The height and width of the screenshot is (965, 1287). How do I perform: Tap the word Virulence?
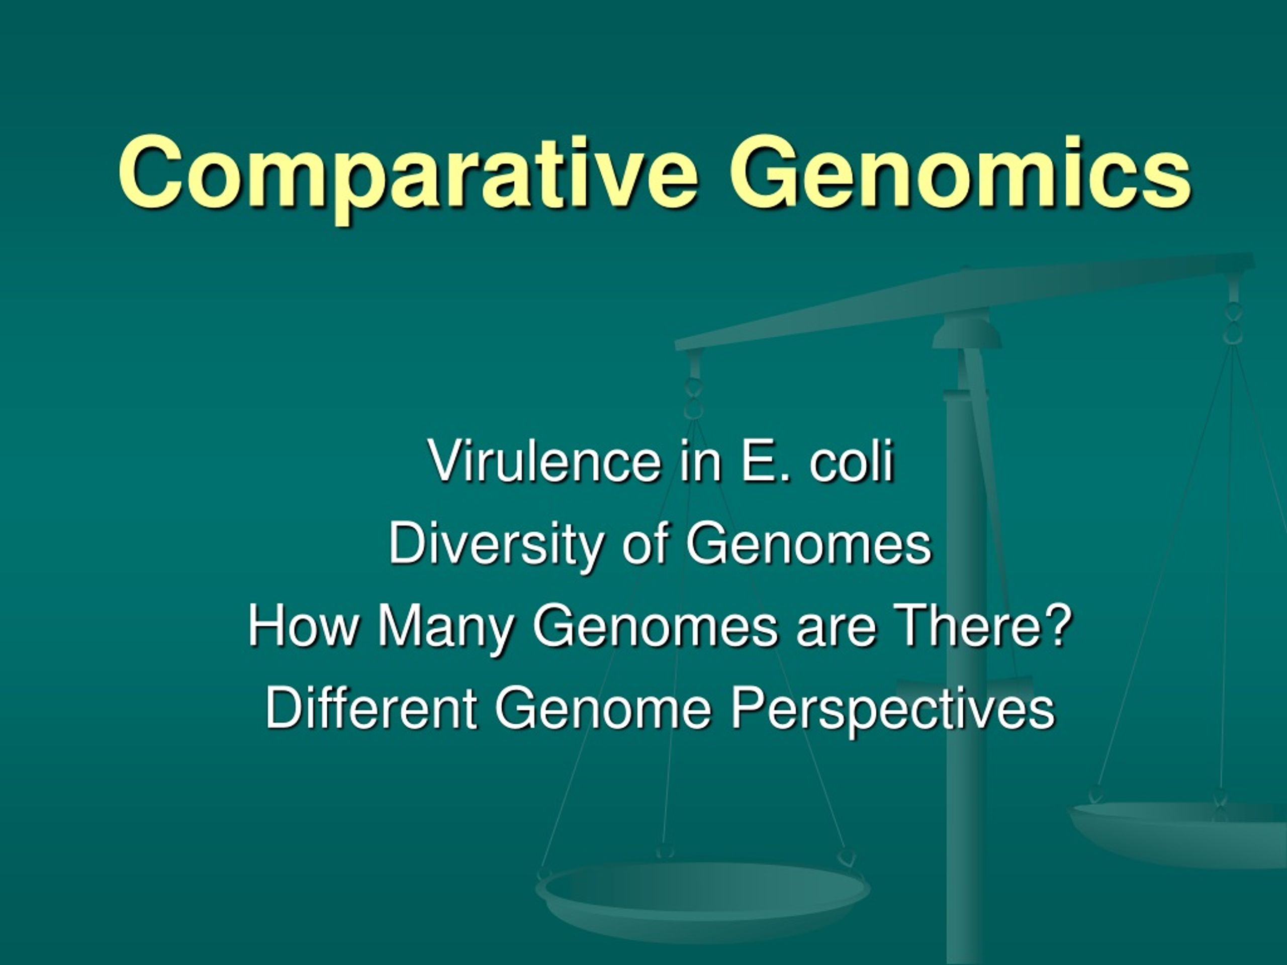pyautogui.click(x=544, y=461)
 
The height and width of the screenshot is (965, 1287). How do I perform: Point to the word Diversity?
pyautogui.click(x=495, y=544)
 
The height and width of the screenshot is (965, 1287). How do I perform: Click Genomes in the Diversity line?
pyautogui.click(x=809, y=544)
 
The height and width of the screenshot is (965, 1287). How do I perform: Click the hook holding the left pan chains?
pyautogui.click(x=693, y=396)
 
